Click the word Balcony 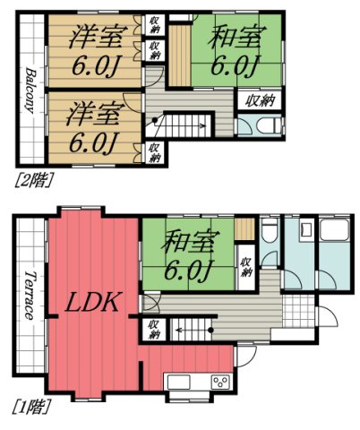point(30,90)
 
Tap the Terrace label point(30,296)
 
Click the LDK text point(92,303)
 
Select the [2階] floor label point(34,180)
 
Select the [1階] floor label point(31,407)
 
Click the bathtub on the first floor point(334,230)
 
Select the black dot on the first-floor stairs point(210,331)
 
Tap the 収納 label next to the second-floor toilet point(260,101)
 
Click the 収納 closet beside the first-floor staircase point(154,330)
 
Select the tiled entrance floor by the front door point(298,313)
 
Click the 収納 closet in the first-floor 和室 point(246,267)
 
